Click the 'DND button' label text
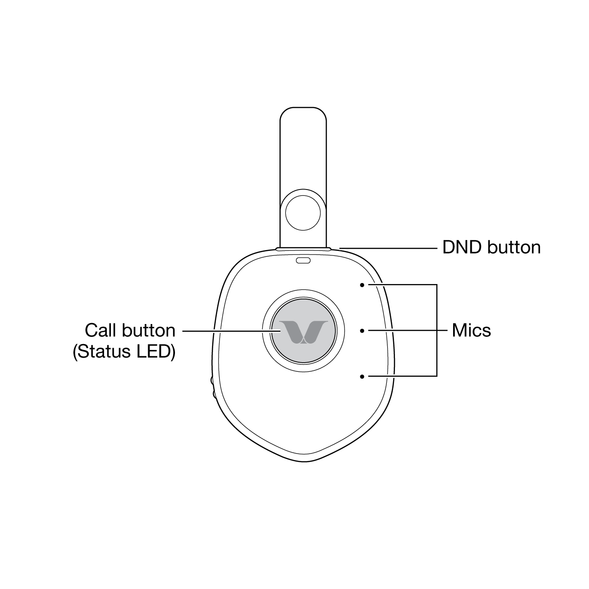(x=491, y=247)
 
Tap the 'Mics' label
(x=471, y=330)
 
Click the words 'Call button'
(x=130, y=330)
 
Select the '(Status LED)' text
(x=124, y=352)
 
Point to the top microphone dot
(x=362, y=285)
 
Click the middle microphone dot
(x=362, y=331)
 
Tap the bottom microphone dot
(x=362, y=377)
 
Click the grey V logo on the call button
(x=303, y=332)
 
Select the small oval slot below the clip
(x=303, y=260)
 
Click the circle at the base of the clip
(x=303, y=213)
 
